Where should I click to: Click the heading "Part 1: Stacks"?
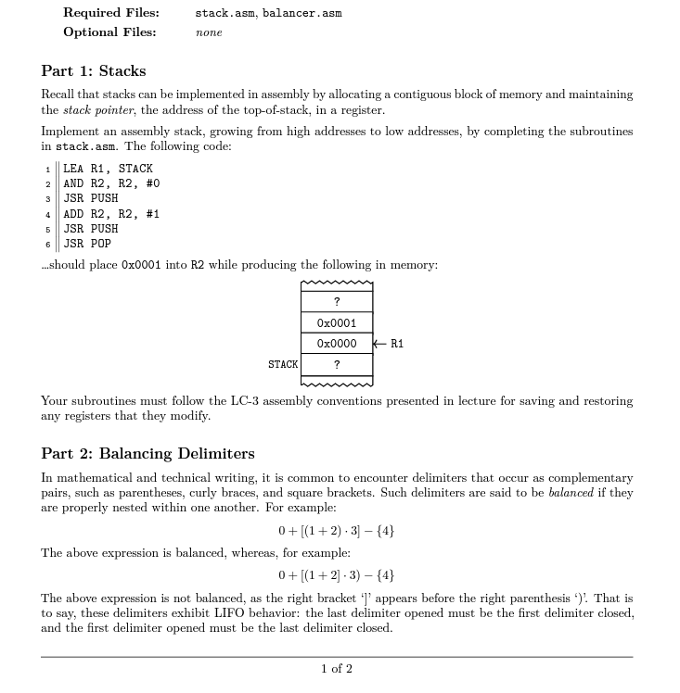coord(93,71)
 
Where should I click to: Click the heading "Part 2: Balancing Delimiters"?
coord(148,453)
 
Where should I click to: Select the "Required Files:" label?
coord(110,13)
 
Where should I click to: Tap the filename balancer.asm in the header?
coord(302,13)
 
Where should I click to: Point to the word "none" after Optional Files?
coord(209,32)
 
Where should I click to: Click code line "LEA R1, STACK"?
coord(108,169)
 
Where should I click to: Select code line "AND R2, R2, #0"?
coord(111,183)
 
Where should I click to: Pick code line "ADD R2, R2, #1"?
coord(111,213)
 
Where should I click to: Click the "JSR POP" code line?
coord(87,244)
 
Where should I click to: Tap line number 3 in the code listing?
coord(48,198)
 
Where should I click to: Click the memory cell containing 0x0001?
coord(337,323)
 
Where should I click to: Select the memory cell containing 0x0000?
coord(337,344)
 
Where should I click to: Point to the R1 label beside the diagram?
coord(397,344)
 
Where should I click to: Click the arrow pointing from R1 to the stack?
coord(380,344)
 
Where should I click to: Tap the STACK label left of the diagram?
coord(283,364)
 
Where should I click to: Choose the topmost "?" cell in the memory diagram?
coord(337,302)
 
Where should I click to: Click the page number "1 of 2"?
coord(337,668)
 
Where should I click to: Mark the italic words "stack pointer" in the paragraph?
coord(94,109)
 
